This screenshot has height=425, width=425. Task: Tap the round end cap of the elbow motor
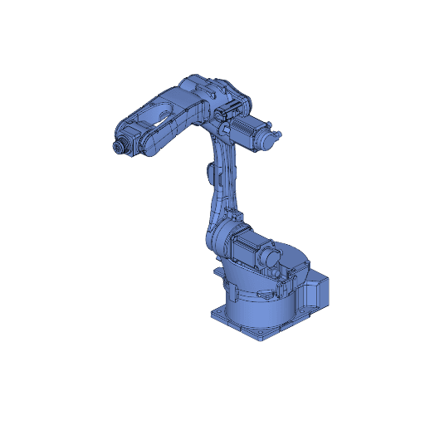click(x=267, y=139)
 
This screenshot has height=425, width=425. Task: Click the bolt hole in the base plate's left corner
click(x=217, y=312)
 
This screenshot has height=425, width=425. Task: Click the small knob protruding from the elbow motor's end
click(x=279, y=134)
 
